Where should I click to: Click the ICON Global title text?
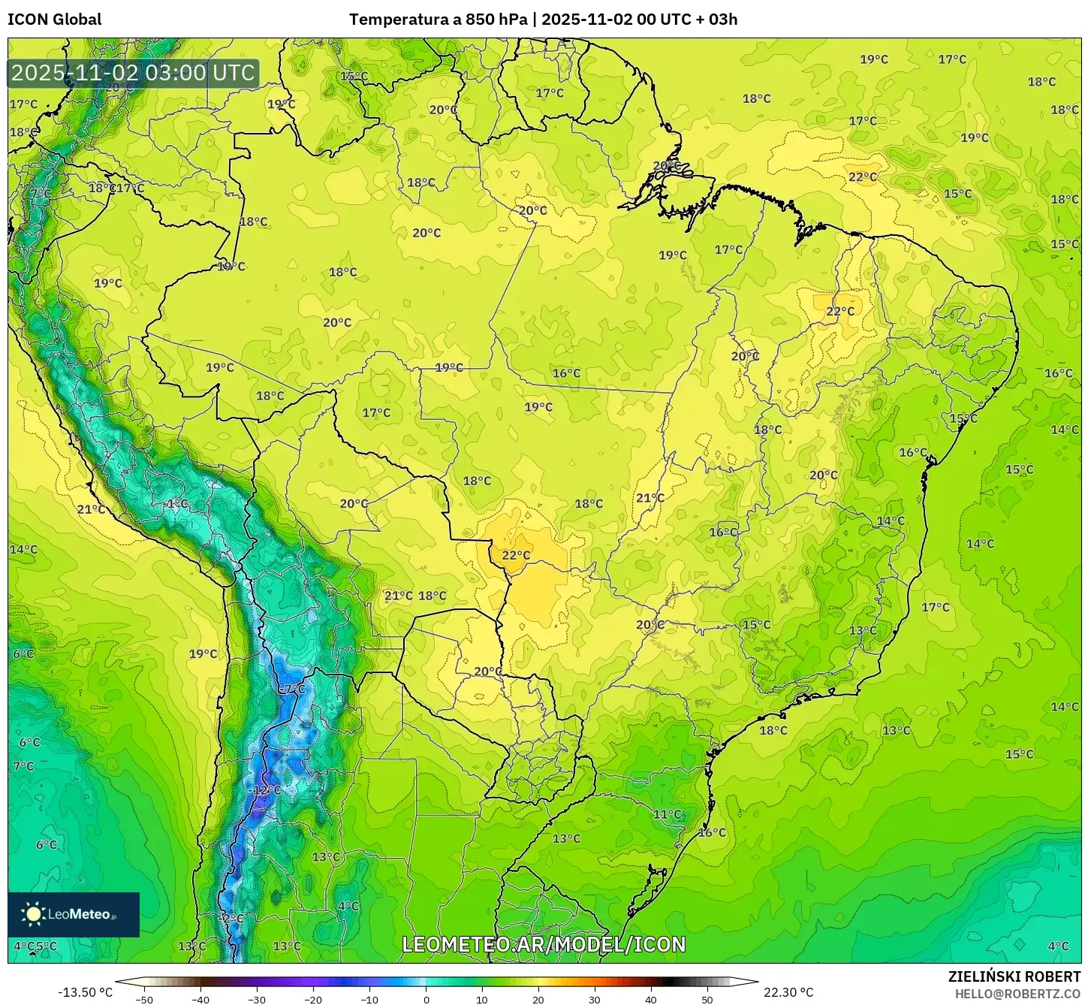54,20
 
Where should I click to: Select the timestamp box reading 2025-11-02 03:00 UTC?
134,73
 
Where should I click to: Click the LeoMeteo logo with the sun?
74,914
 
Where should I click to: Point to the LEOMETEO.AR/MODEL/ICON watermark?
544,944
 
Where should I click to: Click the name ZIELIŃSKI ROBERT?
1014,976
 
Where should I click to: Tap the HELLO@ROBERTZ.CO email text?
1017,993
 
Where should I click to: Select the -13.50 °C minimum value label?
86,992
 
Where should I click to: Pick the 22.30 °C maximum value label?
788,992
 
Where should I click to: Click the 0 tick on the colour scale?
426,999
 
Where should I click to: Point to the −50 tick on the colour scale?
143,999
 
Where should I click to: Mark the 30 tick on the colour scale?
595,999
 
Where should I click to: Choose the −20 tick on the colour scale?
312,999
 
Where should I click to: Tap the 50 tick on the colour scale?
707,999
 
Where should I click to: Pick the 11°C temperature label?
667,814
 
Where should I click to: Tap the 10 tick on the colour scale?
482,999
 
